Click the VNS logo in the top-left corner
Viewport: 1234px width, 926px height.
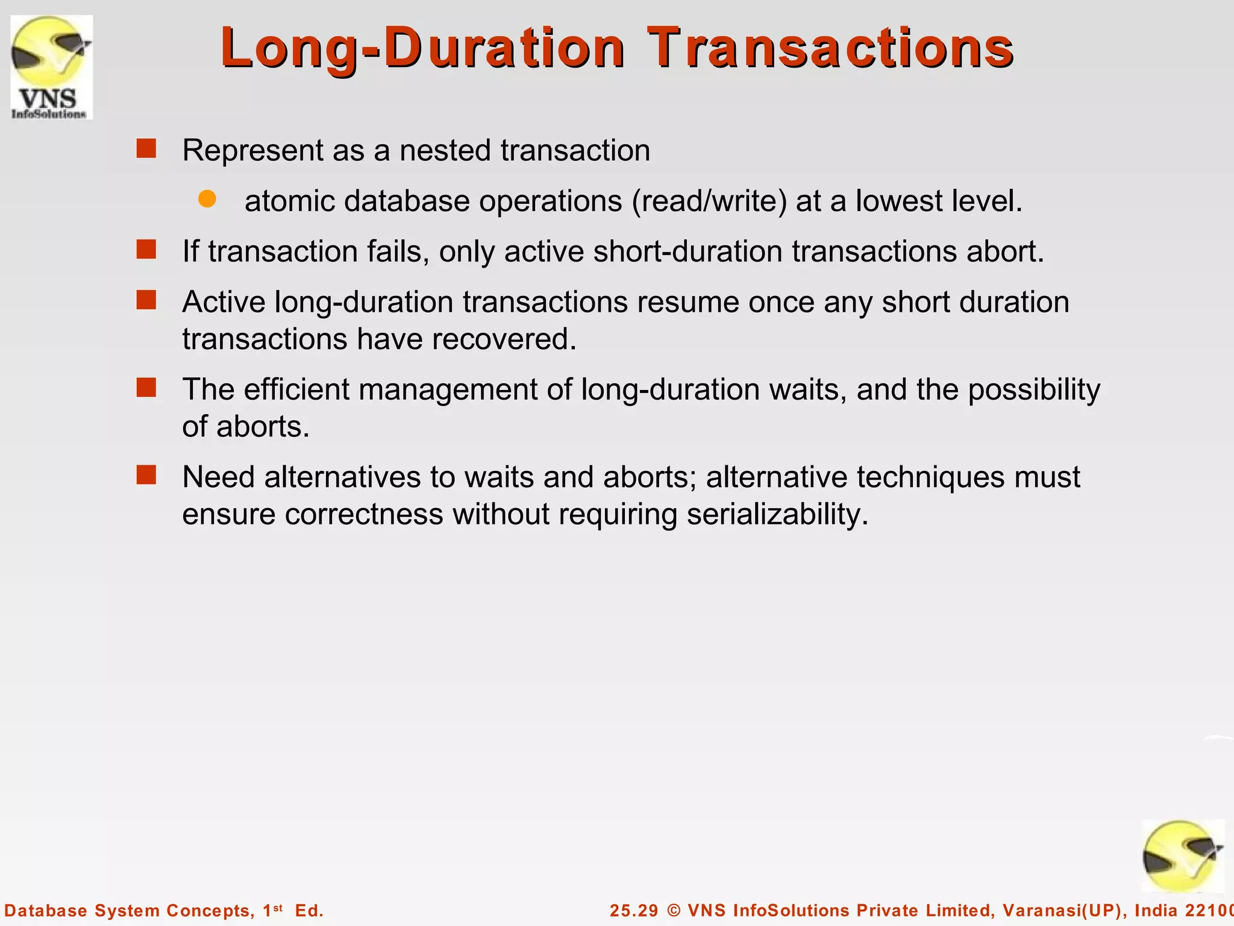(x=51, y=67)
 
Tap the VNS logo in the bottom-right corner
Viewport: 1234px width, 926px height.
(x=1183, y=857)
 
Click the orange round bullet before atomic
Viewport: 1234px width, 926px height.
(x=207, y=200)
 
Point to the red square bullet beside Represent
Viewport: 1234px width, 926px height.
(x=146, y=148)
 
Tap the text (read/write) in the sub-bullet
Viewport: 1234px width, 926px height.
(x=709, y=201)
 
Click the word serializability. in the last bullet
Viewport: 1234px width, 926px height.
(x=777, y=515)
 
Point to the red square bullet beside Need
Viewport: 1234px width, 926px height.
(x=146, y=475)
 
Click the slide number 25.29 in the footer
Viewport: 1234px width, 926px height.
(x=634, y=911)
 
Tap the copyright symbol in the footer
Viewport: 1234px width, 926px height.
(x=674, y=911)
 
